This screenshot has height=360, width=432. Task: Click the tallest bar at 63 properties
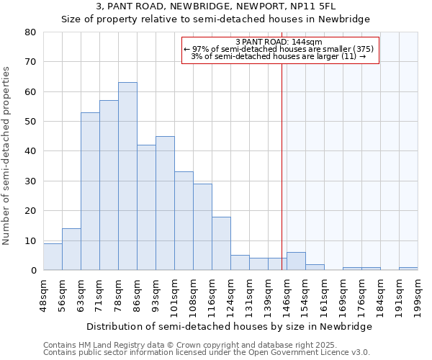pos(127,176)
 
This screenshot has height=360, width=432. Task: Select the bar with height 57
pos(109,185)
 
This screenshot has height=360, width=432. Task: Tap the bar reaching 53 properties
pos(90,191)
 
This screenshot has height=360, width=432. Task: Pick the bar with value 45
pos(165,203)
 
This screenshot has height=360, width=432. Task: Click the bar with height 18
pos(221,243)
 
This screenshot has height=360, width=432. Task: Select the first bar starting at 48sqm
pos(53,256)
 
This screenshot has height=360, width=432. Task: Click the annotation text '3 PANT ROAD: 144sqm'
pos(279,42)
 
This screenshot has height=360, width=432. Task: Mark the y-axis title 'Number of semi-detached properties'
pos(6,155)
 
